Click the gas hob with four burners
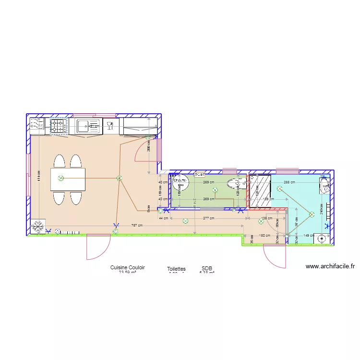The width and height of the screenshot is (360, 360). point(59,126)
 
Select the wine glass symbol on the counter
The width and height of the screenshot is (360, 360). point(110,126)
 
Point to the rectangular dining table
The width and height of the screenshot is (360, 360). point(68,179)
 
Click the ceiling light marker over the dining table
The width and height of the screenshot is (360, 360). point(60,179)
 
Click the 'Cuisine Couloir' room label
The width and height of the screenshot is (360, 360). point(127,267)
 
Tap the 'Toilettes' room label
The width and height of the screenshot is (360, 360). point(176,269)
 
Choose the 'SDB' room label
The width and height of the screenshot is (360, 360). point(207,269)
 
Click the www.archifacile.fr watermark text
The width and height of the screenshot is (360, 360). point(330,266)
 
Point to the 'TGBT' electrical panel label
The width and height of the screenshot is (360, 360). point(200,175)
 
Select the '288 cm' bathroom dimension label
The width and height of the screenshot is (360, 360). point(290,182)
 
